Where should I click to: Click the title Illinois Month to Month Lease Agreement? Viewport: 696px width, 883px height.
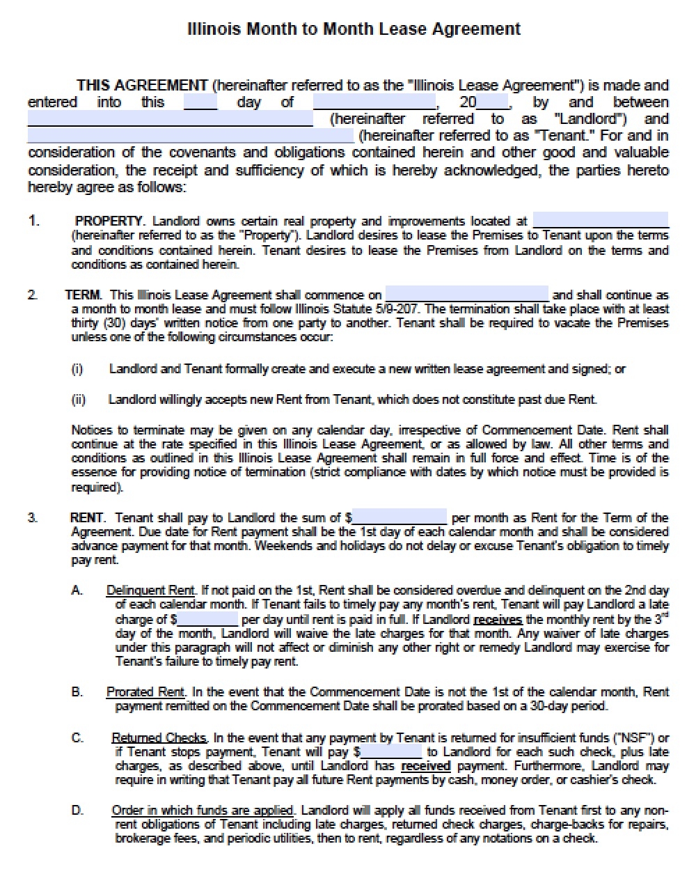[354, 29]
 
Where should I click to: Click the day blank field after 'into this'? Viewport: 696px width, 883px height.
[200, 103]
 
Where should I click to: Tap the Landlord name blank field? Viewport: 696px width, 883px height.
[170, 120]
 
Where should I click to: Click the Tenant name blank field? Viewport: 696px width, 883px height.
[190, 136]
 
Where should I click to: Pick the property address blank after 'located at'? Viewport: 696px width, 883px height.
[600, 221]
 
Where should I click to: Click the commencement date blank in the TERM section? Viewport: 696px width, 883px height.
[466, 295]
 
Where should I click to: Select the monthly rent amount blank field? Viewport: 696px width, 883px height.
[400, 517]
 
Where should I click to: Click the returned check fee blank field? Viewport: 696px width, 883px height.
[391, 752]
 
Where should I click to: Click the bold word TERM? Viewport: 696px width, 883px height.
[83, 295]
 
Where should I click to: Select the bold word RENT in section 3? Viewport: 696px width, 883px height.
[87, 518]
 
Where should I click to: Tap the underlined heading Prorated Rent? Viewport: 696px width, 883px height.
[145, 692]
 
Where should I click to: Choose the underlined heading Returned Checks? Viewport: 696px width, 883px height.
[159, 738]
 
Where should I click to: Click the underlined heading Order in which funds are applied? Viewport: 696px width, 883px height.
[203, 811]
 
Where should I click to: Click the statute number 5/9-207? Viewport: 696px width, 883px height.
[400, 309]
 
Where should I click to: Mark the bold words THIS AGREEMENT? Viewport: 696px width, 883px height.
[142, 86]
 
